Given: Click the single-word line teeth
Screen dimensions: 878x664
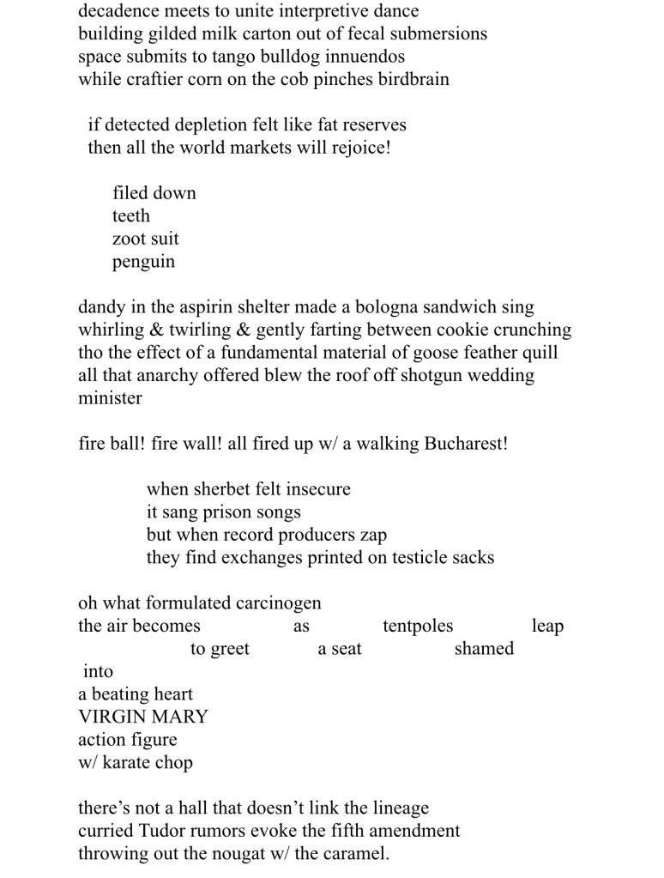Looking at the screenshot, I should click(130, 215).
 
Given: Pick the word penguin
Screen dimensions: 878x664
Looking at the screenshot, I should click(143, 262).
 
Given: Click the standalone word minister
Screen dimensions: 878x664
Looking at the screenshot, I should click(110, 398).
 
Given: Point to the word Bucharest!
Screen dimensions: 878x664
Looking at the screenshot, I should click(466, 444).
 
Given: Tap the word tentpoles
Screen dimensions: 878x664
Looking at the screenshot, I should click(418, 626).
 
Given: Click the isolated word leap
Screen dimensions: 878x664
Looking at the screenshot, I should click(547, 626).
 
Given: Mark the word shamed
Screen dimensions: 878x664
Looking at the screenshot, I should click(484, 649).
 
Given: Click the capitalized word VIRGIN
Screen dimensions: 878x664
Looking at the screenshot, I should click(111, 717).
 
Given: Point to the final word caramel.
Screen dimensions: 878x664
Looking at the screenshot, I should click(353, 854).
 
